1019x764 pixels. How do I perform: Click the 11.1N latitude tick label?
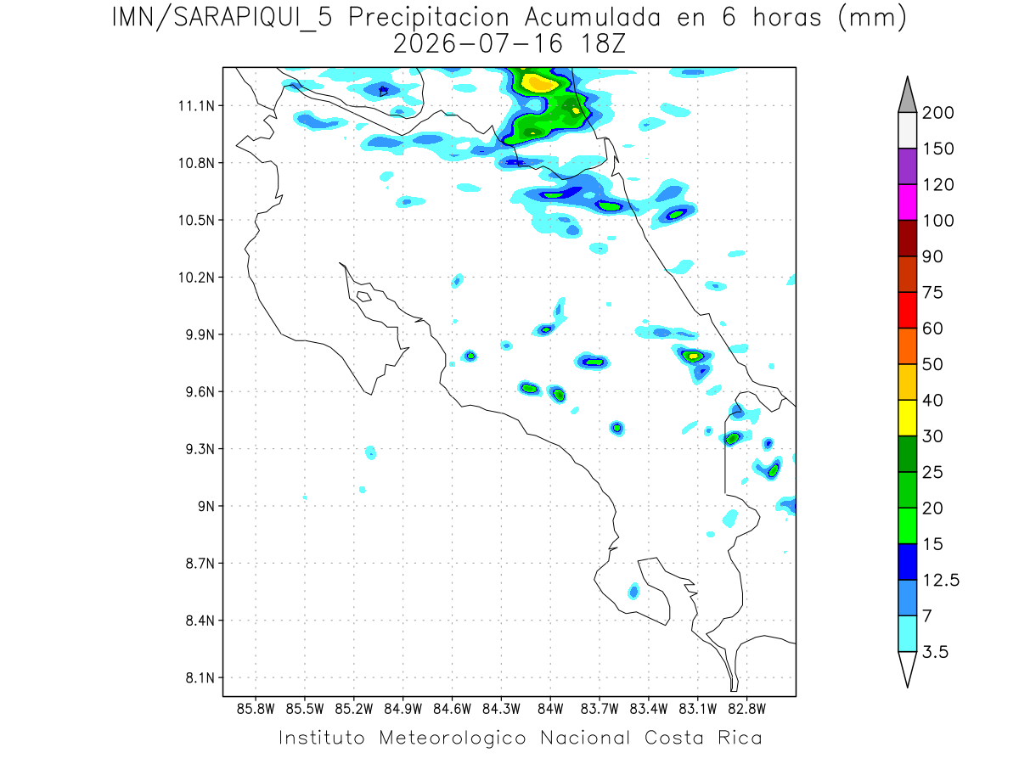click(x=196, y=106)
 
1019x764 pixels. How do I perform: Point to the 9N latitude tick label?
click(x=206, y=506)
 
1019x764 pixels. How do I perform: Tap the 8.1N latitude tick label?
click(x=200, y=677)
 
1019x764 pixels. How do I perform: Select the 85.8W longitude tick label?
click(x=256, y=710)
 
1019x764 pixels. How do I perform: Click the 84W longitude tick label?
click(x=550, y=710)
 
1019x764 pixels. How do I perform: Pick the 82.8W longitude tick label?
click(x=746, y=710)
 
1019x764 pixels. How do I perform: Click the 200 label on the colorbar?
click(x=937, y=113)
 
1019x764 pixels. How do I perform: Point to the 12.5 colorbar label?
click(x=941, y=581)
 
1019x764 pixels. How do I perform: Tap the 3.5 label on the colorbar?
click(x=935, y=652)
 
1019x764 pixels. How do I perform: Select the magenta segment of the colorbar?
click(x=907, y=202)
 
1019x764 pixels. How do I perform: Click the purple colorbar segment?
click(x=907, y=166)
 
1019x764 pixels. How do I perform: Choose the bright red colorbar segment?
click(x=907, y=311)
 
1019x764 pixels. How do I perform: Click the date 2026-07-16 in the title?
click(x=478, y=44)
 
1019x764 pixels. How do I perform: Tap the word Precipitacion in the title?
click(x=429, y=19)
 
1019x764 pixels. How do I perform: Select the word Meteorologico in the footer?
click(x=453, y=738)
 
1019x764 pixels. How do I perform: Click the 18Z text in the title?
click(x=603, y=44)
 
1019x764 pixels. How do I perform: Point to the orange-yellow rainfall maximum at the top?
click(x=538, y=82)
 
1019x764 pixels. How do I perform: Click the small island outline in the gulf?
click(x=364, y=296)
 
